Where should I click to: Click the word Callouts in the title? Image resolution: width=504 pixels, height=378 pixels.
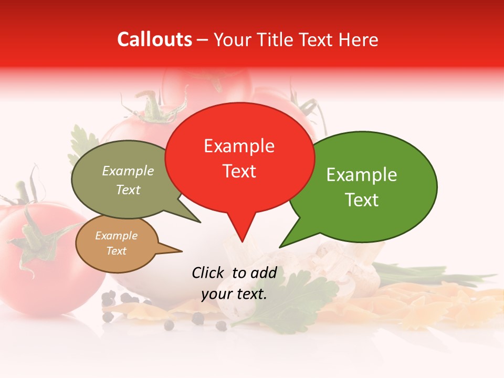tap(154, 39)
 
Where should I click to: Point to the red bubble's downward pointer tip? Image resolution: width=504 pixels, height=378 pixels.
tap(242, 241)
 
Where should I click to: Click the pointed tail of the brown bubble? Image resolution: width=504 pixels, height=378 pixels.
tap(181, 251)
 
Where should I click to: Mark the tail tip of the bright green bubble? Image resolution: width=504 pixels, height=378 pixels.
tap(280, 247)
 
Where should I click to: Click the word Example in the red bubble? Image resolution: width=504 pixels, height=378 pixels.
tap(239, 146)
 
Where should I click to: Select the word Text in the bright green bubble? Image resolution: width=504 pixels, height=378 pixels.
tap(362, 200)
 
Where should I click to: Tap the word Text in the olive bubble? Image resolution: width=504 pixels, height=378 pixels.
tap(128, 190)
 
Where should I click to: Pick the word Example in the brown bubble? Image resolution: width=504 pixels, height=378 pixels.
tap(116, 236)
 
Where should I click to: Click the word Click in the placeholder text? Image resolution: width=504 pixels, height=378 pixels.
tap(208, 272)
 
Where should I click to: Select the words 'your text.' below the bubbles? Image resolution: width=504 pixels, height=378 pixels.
tap(234, 294)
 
